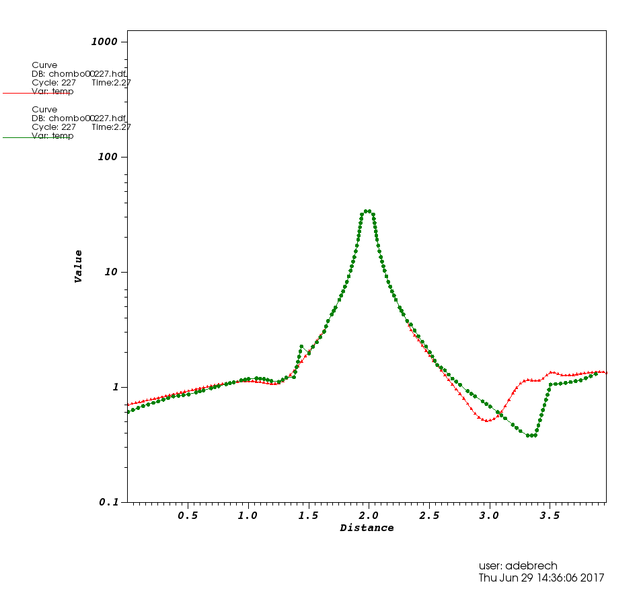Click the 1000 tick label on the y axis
[x=104, y=42]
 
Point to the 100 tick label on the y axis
[x=107, y=157]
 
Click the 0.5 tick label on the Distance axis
[x=188, y=516]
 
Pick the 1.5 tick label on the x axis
[x=308, y=516]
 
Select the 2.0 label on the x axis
[x=369, y=516]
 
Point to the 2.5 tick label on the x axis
[x=429, y=516]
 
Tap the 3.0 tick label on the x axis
[x=490, y=516]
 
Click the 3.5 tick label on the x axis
[x=550, y=516]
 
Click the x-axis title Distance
[x=367, y=528]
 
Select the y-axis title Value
[x=79, y=266]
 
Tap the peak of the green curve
[x=367, y=211]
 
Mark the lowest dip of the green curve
[x=531, y=436]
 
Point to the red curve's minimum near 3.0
[x=487, y=420]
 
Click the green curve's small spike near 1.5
[x=301, y=346]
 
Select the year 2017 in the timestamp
[x=591, y=578]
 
